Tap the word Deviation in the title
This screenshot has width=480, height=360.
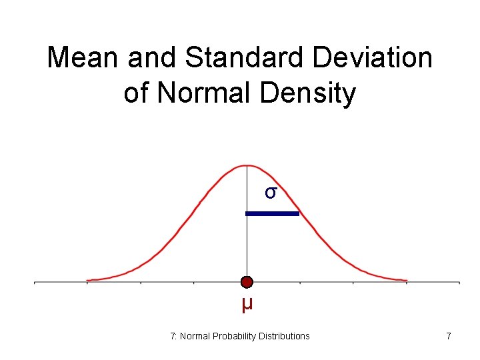[372, 58]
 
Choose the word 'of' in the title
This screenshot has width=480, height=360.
[136, 93]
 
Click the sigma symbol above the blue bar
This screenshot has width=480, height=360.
[270, 193]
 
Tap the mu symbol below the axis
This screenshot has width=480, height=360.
[247, 305]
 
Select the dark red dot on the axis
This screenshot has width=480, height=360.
[247, 282]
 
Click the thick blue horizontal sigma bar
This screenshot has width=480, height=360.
[273, 213]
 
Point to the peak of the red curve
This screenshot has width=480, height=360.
[247, 165]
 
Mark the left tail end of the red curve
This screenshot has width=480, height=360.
[89, 280]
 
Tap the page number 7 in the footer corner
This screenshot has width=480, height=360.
[449, 336]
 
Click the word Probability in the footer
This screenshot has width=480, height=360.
[234, 336]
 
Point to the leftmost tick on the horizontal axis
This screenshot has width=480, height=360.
[35, 283]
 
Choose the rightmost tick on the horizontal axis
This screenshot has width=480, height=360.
[459, 283]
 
